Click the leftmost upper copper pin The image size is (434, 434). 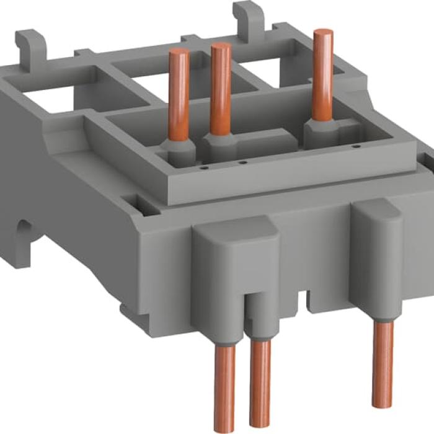(179, 93)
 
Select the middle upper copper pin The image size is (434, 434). (221, 87)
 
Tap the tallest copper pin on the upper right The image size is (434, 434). (322, 74)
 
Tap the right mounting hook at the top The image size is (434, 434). (246, 19)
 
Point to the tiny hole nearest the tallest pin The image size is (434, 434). (356, 147)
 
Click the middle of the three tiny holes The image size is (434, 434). (243, 163)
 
